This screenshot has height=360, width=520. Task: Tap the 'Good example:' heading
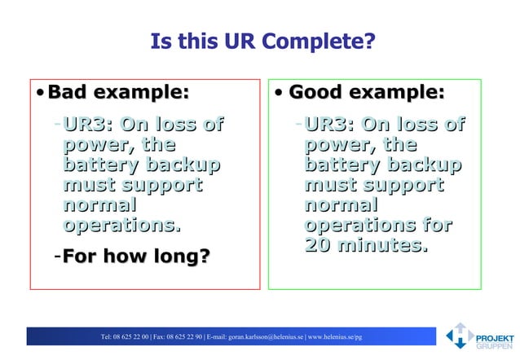pos(367,92)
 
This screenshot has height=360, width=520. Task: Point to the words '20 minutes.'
pos(366,244)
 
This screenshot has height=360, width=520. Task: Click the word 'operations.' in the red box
pos(121,225)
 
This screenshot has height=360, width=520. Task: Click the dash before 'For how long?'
pos(56,257)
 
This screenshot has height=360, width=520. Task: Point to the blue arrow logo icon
pos(458,336)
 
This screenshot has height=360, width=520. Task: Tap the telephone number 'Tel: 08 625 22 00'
pos(124,336)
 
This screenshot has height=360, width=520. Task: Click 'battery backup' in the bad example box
pos(141,165)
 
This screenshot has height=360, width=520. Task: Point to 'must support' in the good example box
pos(374,185)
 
